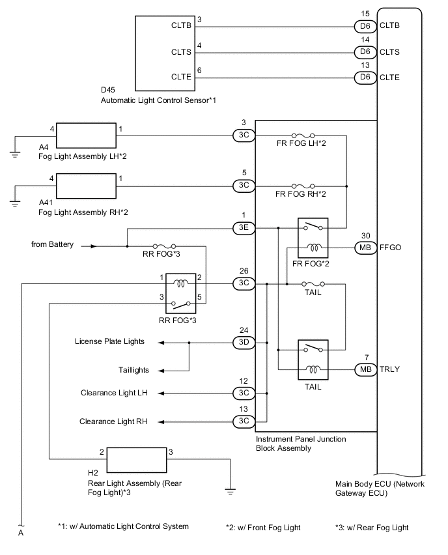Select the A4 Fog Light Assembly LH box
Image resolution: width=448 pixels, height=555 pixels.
point(86,135)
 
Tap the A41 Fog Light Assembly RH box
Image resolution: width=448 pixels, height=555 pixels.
point(86,186)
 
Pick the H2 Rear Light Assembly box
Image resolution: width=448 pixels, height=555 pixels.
point(136,460)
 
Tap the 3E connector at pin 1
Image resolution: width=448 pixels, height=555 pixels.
point(243,228)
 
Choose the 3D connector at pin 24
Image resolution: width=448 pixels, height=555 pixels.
point(243,341)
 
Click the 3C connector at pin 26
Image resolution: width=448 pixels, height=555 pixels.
point(243,284)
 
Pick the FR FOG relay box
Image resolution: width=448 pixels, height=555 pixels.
point(313,238)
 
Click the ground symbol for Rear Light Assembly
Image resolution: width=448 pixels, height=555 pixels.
point(229,490)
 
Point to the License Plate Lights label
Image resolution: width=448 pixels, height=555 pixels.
point(109,341)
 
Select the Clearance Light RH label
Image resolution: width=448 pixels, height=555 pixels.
point(114,421)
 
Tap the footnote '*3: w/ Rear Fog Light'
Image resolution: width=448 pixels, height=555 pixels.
point(372,527)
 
